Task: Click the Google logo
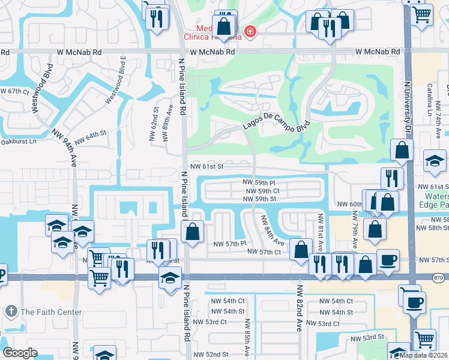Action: [x=20, y=353]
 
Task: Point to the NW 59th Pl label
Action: [x=259, y=182]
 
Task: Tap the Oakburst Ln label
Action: [x=18, y=142]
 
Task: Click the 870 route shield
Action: [x=439, y=277]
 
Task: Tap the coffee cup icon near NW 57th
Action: [x=388, y=259]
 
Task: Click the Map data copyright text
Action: [x=423, y=355]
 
